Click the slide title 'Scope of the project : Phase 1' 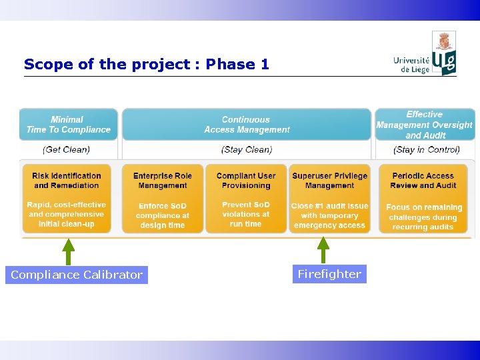pos(147,65)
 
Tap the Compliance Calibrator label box pos(77,275)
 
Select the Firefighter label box pos(329,274)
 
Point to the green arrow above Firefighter pos(323,250)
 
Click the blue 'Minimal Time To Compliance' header pos(68,125)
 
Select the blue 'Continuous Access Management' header pos(247,125)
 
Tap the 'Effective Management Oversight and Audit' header pos(425,125)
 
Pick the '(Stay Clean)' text pos(246,149)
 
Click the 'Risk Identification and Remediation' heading pos(67,181)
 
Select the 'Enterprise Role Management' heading pos(163,181)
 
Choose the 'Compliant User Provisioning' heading pos(246,181)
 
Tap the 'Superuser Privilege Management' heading pos(329,181)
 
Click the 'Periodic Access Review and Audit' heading pos(423,181)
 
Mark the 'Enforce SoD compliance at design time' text pos(163,216)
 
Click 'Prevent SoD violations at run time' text pos(246,215)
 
